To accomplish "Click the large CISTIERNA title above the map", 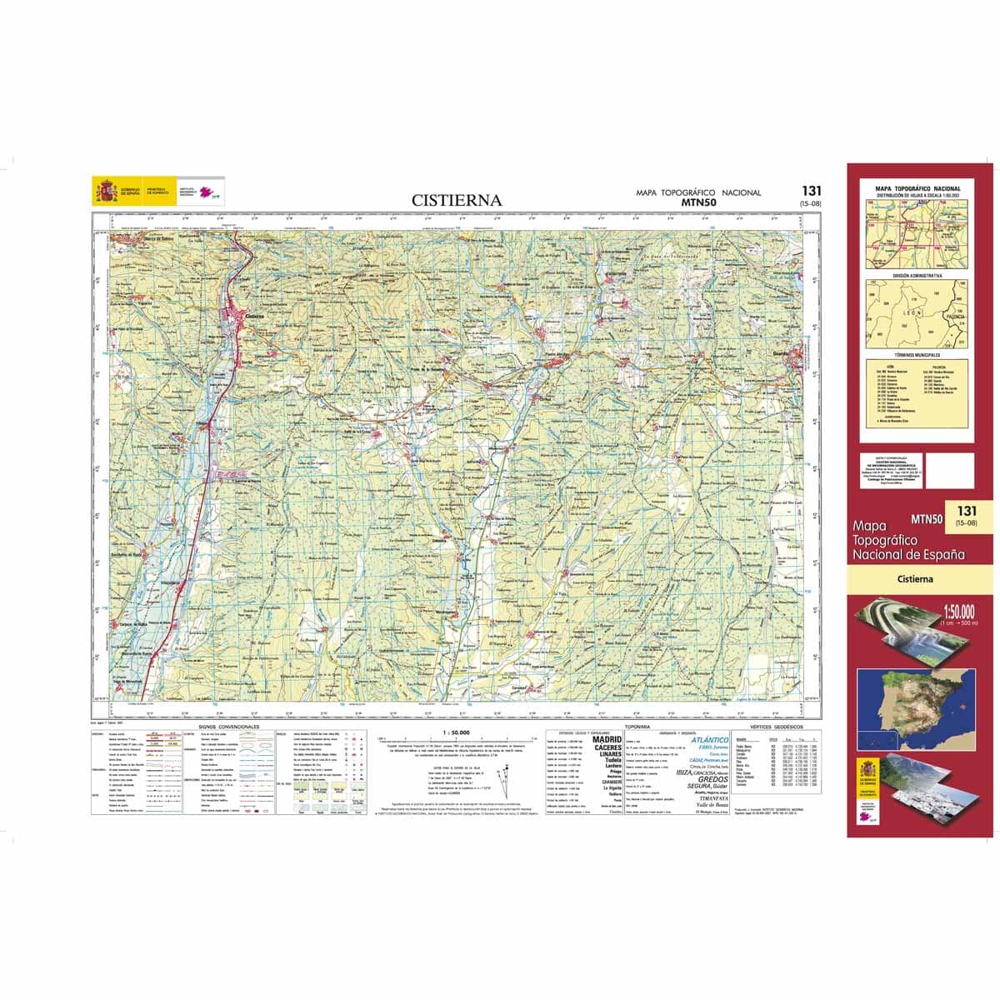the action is pos(457,200).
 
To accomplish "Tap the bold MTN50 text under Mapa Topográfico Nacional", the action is pos(698,202).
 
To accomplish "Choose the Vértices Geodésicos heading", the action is pos(772,727).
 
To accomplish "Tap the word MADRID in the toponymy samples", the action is pos(607,739).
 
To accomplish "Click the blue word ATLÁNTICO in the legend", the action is pos(710,739).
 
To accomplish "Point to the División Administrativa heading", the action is pos(917,275).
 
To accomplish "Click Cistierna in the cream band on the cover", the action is pos(915,578).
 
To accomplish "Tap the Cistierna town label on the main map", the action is pos(255,316).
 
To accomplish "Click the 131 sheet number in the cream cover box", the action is pos(967,511).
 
